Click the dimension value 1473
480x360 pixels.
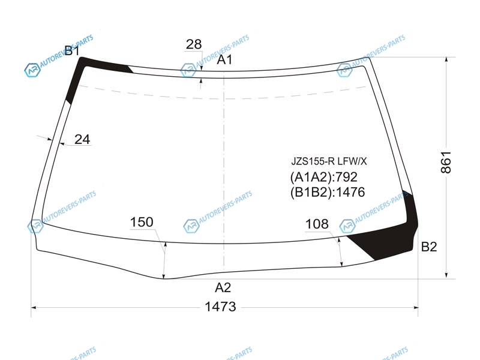[220, 307]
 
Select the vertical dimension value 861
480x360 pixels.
[446, 162]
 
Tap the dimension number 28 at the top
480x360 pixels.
[194, 44]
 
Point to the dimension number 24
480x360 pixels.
[82, 140]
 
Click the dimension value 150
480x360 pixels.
[142, 222]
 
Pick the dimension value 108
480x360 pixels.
[317, 224]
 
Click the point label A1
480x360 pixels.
[224, 59]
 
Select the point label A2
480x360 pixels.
[223, 288]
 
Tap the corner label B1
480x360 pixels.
[72, 50]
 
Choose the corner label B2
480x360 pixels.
[429, 247]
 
